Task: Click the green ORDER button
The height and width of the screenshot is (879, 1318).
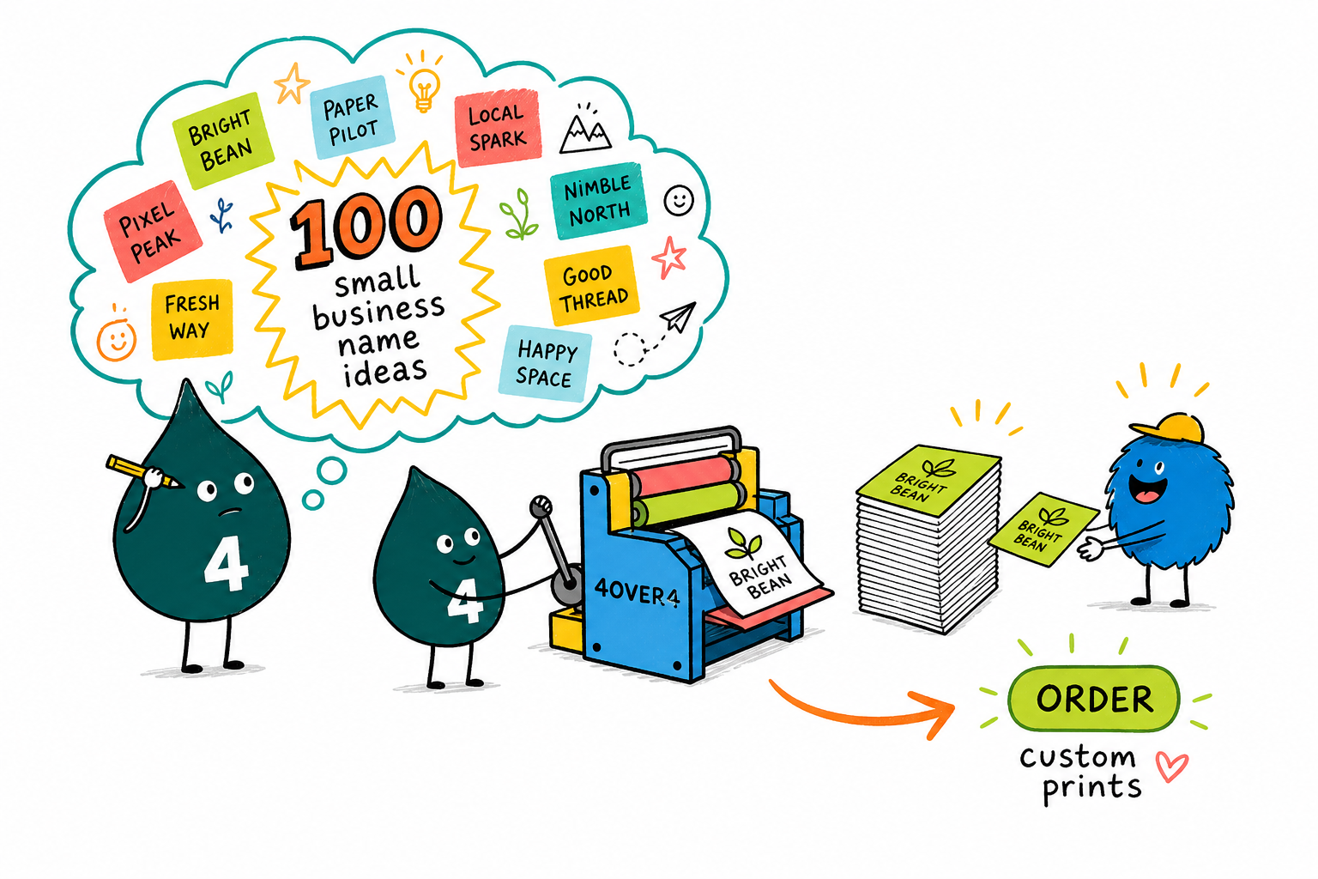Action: [x=1093, y=699]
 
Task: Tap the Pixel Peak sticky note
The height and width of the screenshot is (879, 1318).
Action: [x=153, y=231]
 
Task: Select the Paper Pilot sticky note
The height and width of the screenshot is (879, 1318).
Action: [x=352, y=117]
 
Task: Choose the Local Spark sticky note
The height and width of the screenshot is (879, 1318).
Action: [x=498, y=127]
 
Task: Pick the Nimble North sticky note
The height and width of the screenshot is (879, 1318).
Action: [x=598, y=200]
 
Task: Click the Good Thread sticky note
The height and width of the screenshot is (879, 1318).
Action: [x=591, y=286]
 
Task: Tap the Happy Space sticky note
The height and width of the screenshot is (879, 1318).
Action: [x=545, y=364]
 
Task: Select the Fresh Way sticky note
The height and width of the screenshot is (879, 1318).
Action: [x=192, y=319]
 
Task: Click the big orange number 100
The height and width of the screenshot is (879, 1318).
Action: [x=366, y=227]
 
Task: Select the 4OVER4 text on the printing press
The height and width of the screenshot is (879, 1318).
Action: [x=637, y=591]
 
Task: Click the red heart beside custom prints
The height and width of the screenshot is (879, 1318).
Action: [x=1171, y=766]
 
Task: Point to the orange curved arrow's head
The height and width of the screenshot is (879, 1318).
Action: [x=937, y=713]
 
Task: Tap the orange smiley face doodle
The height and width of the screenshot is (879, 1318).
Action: [x=117, y=339]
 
